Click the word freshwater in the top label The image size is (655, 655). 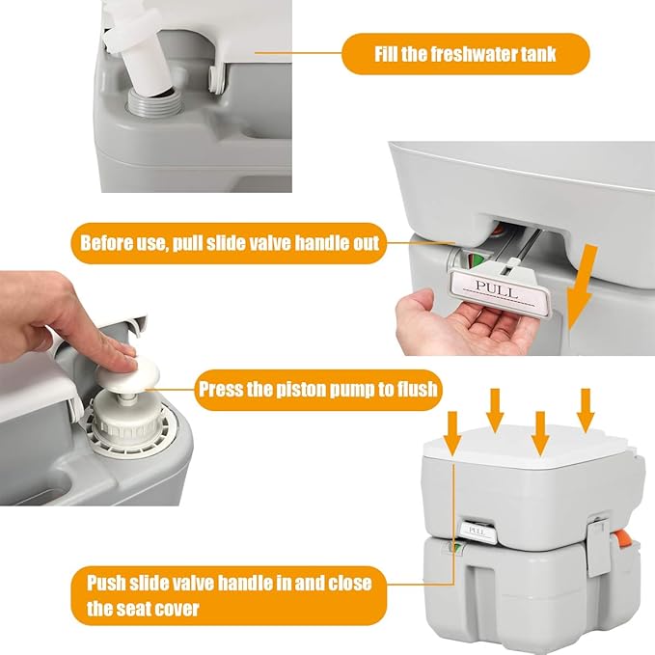pos(478,53)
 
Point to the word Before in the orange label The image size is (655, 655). pos(109,243)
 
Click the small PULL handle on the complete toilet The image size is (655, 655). pos(477,529)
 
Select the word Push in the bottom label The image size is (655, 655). pos(106,584)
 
